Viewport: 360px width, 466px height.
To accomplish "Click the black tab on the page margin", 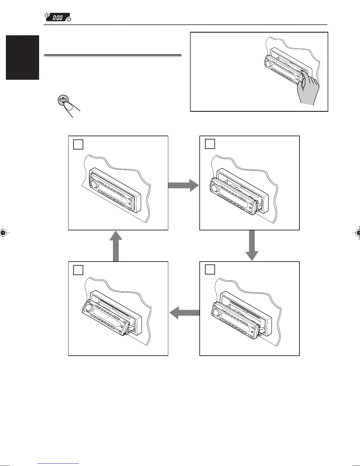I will pos(22,57).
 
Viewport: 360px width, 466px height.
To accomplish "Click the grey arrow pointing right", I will pos(184,185).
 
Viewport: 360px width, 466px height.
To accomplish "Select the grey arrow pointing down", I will pos(252,245).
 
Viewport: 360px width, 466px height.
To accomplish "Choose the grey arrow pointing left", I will pos(184,312).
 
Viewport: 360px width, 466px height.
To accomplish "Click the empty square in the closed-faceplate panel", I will pos(78,144).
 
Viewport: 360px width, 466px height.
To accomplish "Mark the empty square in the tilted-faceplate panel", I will pos(78,270).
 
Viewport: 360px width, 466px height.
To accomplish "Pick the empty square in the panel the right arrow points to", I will pos(210,144).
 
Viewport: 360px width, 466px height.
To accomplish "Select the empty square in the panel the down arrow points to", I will pos(210,269).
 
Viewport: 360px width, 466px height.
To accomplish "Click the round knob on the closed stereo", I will pos(94,184).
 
